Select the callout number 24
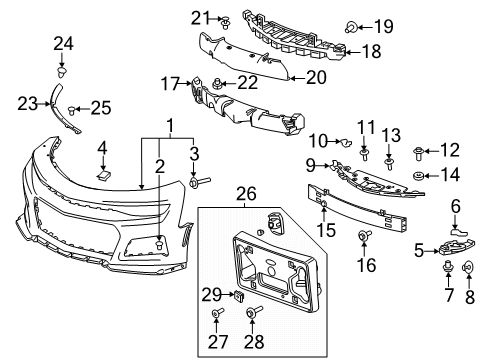click(x=64, y=42)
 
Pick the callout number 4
click(x=103, y=149)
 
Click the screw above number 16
click(x=364, y=236)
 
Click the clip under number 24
click(x=63, y=72)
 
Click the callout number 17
click(x=169, y=83)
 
